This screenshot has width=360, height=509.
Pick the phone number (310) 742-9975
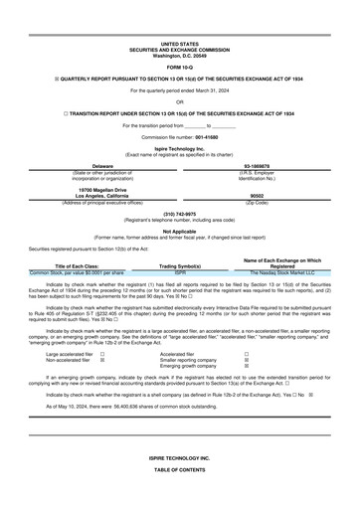point(180,214)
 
